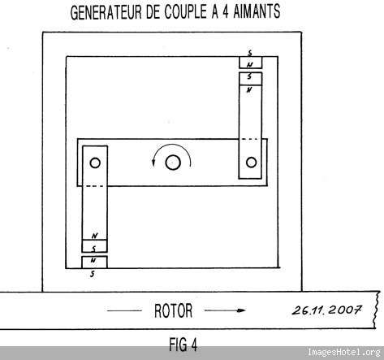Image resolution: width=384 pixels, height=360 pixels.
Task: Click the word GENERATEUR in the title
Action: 106,12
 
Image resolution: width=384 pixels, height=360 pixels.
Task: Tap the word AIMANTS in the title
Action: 257,11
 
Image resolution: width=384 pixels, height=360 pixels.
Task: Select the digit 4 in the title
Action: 226,12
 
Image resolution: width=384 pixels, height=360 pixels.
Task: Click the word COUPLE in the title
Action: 185,12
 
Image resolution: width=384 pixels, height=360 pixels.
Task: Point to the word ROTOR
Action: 173,310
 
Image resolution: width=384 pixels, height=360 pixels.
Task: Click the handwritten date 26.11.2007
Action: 326,310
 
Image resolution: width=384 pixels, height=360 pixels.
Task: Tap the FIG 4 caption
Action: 183,345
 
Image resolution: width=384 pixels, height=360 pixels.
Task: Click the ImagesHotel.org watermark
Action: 343,352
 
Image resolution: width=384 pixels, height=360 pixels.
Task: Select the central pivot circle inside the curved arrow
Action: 173,163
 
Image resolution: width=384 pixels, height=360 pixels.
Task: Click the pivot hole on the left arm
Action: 95,163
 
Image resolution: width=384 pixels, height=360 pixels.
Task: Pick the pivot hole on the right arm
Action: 251,163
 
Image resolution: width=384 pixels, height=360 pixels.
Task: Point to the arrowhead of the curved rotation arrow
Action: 153,163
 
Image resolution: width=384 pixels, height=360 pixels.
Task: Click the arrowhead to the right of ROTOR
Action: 241,310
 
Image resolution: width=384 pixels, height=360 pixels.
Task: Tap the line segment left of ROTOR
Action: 124,310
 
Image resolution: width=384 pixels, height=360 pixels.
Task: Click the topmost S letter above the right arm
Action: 250,53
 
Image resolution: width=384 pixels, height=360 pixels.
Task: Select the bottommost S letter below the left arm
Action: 93,274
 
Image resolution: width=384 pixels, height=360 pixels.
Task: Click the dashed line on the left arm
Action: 94,186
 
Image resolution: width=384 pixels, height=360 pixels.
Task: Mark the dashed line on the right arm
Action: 249,139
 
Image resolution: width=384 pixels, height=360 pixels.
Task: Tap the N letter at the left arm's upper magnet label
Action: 94,236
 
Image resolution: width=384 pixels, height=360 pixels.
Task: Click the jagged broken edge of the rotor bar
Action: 376,310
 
